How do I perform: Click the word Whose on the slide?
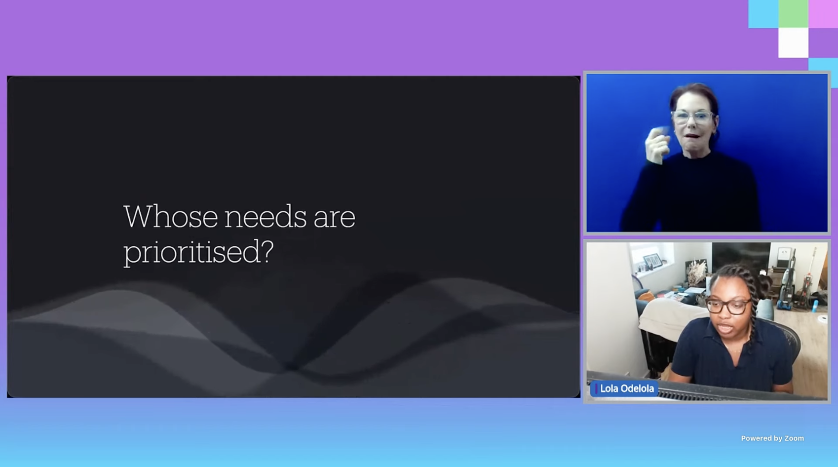(171, 216)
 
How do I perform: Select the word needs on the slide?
(265, 216)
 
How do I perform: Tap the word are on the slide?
(335, 219)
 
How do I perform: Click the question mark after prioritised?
(266, 251)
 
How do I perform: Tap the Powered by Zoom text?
(772, 438)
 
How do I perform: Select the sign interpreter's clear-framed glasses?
(693, 117)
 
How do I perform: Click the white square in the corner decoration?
(793, 42)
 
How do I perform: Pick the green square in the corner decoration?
(793, 14)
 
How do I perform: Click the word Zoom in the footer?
(794, 438)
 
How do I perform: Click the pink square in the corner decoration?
(823, 14)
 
